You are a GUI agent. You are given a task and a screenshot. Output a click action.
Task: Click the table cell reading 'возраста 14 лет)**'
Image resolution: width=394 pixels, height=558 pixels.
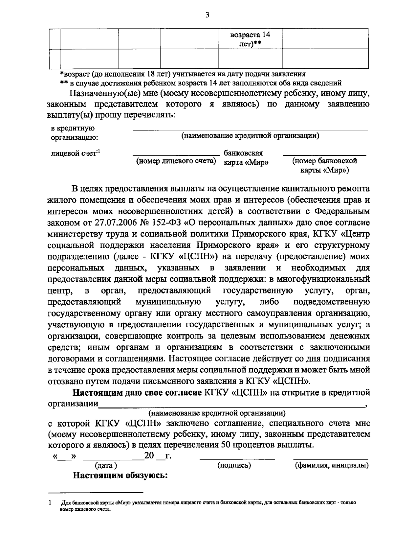tap(250, 39)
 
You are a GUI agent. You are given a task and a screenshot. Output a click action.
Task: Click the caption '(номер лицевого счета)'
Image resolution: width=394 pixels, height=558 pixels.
tap(176, 161)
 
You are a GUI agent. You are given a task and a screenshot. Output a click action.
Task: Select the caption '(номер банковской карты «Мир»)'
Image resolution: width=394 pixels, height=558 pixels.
tap(324, 166)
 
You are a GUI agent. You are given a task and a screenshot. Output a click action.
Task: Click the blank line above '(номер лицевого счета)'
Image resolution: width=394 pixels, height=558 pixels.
tap(176, 154)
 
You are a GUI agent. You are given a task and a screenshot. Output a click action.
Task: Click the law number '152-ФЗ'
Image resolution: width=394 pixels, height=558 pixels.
tap(168, 222)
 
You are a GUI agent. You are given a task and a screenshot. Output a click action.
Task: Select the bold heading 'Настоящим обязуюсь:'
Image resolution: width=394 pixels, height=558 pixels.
tap(120, 475)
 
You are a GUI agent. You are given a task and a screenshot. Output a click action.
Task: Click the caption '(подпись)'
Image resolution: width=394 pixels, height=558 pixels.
tap(234, 465)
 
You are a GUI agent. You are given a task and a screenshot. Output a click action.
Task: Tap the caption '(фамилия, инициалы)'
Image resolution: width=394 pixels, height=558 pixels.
tap(331, 465)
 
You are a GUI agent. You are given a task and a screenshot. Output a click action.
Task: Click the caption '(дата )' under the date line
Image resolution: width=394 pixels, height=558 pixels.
tap(106, 465)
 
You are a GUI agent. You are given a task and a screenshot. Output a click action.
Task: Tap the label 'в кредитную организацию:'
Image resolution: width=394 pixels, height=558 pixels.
tap(74, 133)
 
